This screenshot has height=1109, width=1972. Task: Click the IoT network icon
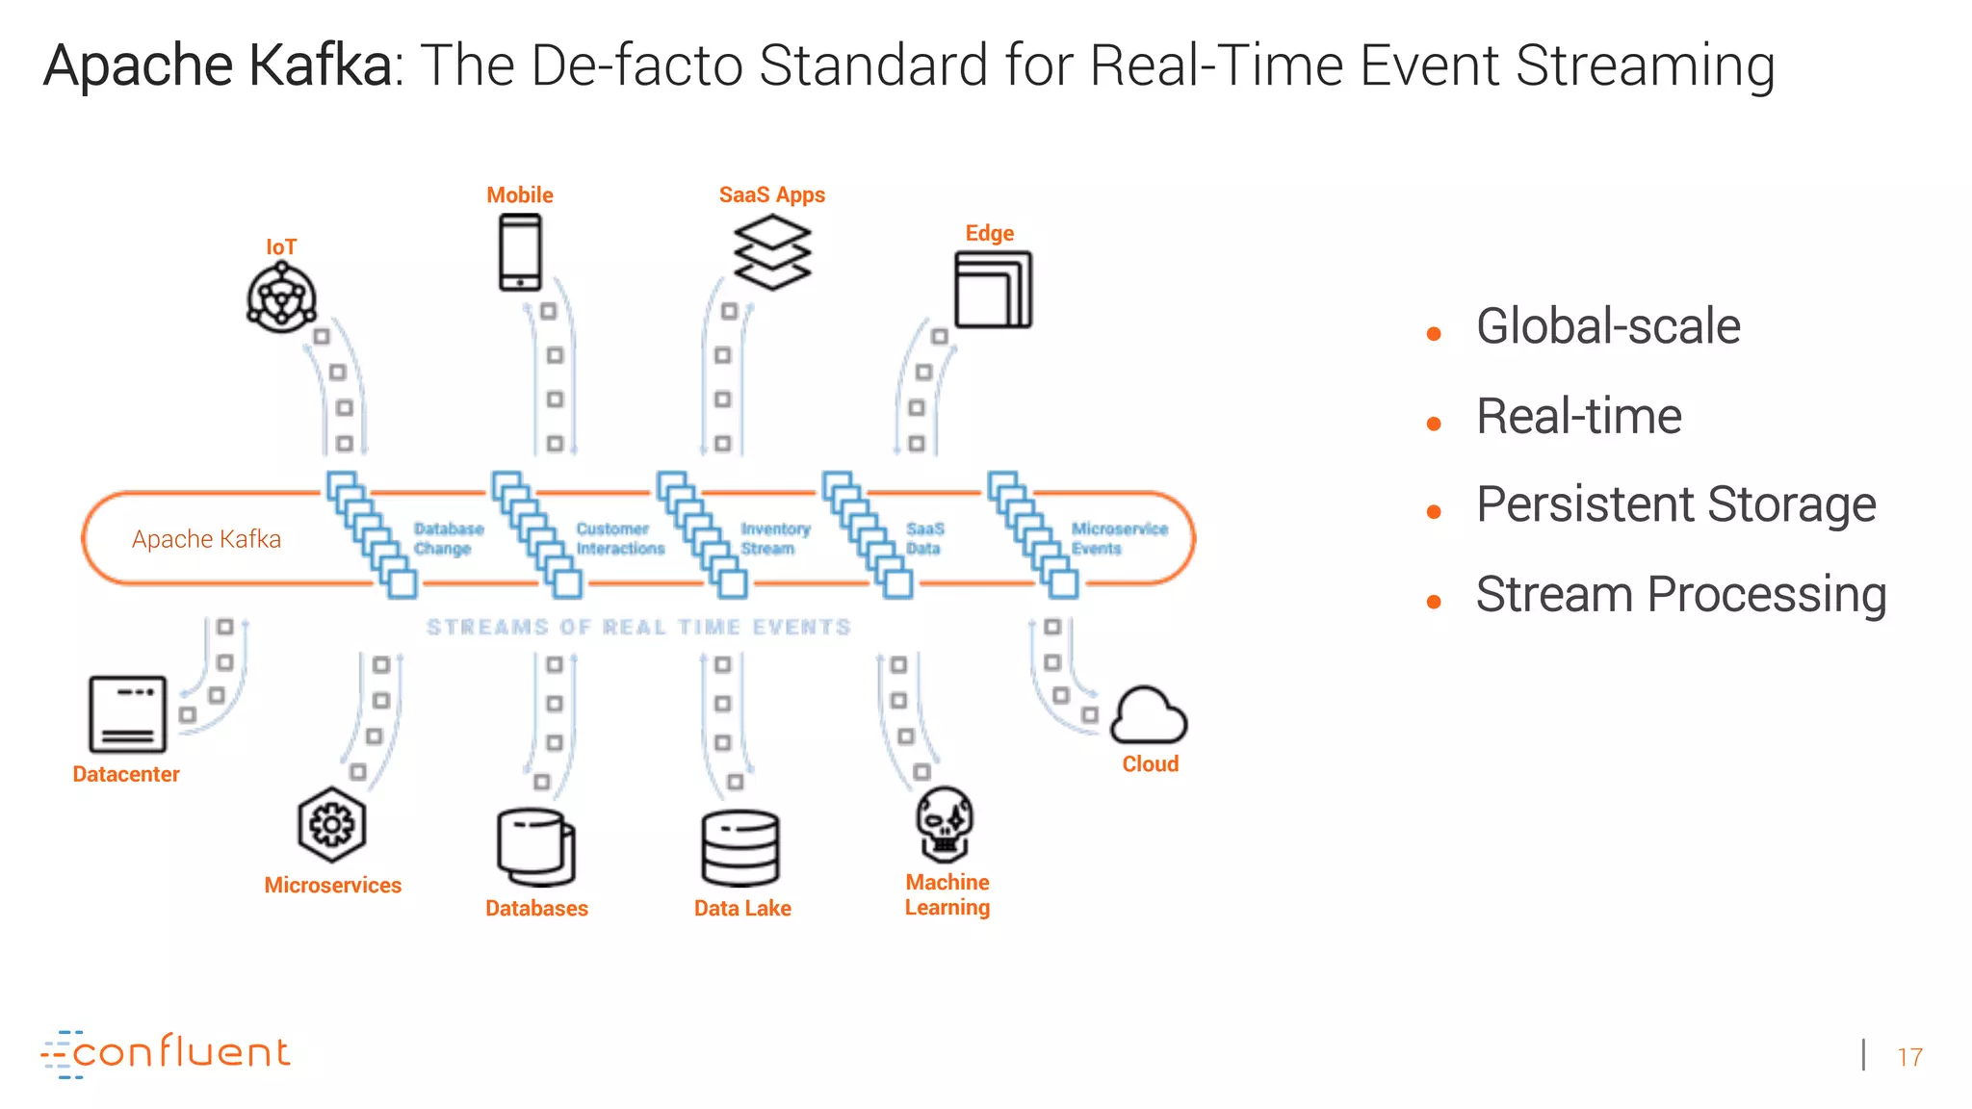tap(281, 298)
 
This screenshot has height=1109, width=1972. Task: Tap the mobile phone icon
tap(520, 252)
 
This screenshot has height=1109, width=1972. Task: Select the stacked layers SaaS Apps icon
tap(772, 252)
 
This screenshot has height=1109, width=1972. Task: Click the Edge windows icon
tap(993, 290)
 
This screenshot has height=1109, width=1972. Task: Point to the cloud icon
tap(1149, 716)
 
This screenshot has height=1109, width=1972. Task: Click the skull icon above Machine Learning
tap(945, 824)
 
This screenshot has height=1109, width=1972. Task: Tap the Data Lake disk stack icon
tap(740, 848)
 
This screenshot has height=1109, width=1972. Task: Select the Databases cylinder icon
tap(536, 847)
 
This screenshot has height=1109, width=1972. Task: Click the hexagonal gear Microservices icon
tap(332, 825)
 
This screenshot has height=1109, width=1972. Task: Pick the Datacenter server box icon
tap(127, 714)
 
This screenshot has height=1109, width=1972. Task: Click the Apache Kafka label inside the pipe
tap(206, 539)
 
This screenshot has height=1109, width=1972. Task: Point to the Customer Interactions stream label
tap(619, 539)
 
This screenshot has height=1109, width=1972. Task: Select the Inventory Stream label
tap(775, 539)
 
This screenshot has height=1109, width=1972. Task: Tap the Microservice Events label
tap(1118, 539)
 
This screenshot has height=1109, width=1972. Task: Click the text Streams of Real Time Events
tap(638, 628)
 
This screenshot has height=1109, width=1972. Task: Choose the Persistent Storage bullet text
tap(1675, 504)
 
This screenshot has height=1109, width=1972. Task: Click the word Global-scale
tap(1608, 326)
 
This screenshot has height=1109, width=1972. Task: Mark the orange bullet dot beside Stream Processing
tap(1434, 603)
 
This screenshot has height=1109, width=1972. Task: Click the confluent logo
tap(166, 1053)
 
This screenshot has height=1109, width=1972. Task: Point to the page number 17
tap(1909, 1057)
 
